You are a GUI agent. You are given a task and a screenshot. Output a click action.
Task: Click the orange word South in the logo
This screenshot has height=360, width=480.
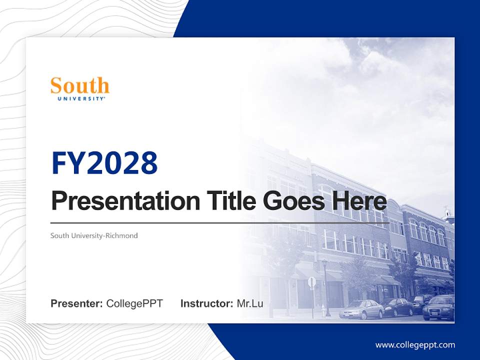(x=80, y=86)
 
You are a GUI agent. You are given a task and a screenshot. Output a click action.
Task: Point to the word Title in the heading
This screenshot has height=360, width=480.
(x=228, y=201)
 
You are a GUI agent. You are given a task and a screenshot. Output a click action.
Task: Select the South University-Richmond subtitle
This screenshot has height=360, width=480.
(x=94, y=235)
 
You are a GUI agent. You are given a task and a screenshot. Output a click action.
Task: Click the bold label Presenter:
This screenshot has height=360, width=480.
(x=77, y=303)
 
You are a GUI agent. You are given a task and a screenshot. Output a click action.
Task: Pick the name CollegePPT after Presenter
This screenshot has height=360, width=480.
(x=134, y=303)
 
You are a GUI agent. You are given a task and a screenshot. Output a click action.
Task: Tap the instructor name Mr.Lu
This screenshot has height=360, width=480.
(x=250, y=303)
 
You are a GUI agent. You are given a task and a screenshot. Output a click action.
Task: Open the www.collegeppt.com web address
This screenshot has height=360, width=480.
(x=415, y=345)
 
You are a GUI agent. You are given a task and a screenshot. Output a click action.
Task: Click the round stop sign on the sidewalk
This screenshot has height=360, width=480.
(x=312, y=282)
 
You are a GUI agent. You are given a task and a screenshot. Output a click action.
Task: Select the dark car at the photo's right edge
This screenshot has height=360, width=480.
(x=439, y=307)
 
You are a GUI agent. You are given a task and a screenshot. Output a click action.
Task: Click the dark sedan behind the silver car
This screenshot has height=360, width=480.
(x=397, y=306)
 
